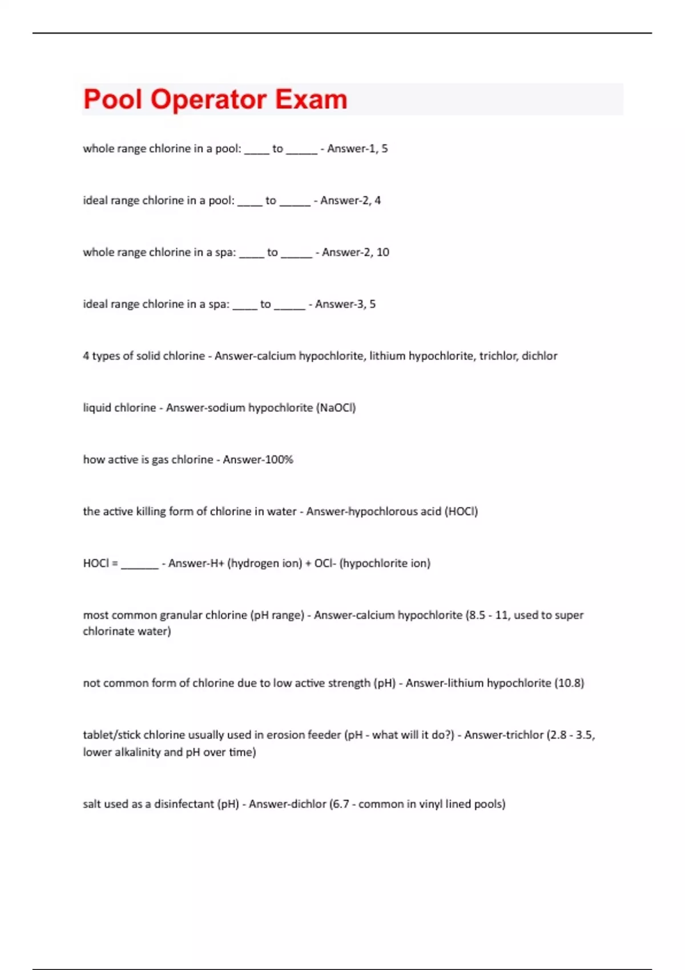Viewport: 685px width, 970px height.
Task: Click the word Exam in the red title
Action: coord(311,99)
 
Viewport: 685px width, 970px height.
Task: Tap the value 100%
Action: coord(277,460)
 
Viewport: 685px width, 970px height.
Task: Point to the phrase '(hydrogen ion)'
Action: coord(265,564)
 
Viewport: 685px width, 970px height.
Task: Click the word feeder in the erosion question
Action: coord(324,735)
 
